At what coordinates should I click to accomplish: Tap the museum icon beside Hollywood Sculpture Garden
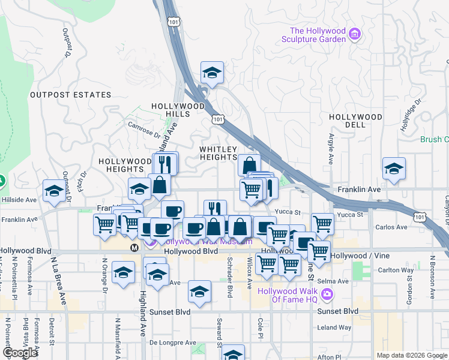[355, 34]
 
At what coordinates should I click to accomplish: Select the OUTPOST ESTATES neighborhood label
[71, 95]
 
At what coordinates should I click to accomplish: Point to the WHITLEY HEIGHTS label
[218, 153]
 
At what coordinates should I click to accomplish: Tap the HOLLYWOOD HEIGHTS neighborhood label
[125, 165]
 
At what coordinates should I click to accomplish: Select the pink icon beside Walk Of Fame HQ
[327, 294]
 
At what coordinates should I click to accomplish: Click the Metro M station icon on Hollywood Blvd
[135, 247]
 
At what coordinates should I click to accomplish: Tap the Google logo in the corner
[20, 352]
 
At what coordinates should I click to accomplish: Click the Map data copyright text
[411, 355]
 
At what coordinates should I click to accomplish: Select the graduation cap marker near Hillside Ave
[54, 191]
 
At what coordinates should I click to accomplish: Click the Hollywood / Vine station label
[360, 256]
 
